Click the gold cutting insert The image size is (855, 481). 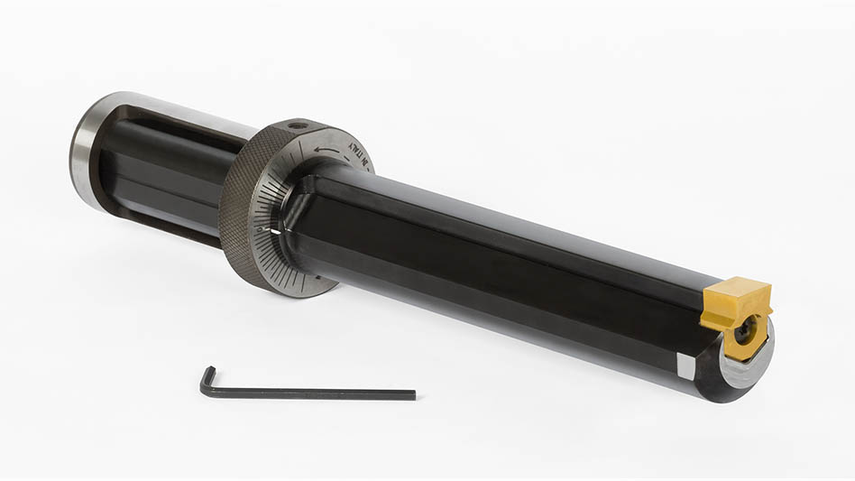click(x=735, y=307)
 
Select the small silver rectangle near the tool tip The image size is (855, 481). click(x=685, y=365)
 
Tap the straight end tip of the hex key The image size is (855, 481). click(x=413, y=394)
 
